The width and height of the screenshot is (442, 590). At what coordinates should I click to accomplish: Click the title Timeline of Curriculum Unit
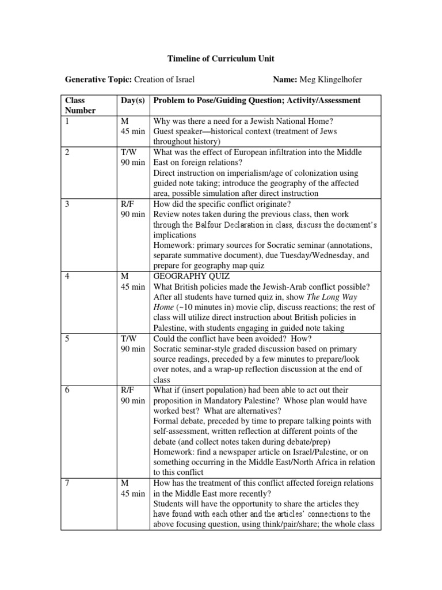220,59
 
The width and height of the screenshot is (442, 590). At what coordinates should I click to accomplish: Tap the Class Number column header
80,105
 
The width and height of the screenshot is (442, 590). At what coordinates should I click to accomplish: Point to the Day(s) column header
132,101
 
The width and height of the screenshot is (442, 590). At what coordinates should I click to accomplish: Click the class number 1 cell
67,121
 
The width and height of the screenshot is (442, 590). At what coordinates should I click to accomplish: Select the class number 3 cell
67,204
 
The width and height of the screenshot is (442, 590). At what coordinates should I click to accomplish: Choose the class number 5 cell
67,339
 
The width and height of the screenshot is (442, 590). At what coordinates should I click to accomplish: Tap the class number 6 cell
67,391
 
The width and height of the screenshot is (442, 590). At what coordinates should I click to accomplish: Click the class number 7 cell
67,483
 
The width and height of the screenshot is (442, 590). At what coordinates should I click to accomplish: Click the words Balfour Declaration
228,225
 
